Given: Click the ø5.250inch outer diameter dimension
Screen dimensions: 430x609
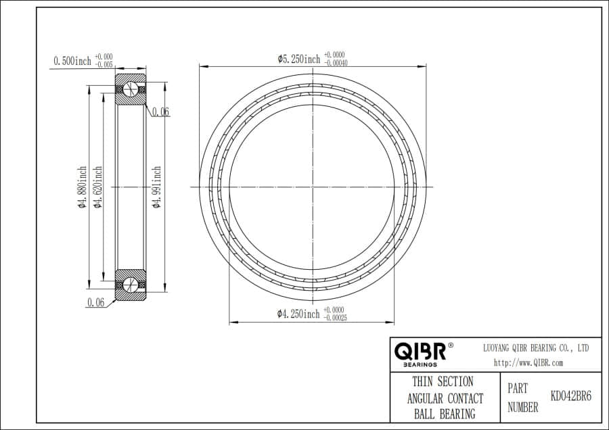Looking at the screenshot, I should pos(298,59).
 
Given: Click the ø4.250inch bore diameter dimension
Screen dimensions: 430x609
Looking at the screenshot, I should pos(298,314).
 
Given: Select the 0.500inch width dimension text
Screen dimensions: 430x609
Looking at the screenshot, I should pos(72,61).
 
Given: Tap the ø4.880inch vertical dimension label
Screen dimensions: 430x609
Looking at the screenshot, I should pos(82,187).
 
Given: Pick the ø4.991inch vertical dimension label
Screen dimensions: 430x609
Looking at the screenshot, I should pos(156,187).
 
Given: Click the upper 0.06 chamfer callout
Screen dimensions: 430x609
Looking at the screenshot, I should pos(160,112).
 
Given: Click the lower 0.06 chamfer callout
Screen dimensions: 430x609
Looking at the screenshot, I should pos(95,303).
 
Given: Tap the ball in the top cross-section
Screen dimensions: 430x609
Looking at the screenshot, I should pos(131,91).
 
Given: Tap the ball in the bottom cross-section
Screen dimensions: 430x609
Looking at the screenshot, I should pos(131,284).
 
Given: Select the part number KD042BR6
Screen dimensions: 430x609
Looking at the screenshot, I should pos(570,396).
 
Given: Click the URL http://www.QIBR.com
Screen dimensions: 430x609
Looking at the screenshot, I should pos(528,362).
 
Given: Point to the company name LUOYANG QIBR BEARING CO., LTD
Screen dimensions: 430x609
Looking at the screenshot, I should pos(535,348).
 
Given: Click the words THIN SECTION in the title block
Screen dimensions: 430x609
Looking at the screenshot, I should pos(443,382).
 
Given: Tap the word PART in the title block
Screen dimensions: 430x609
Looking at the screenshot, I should pos(518,390).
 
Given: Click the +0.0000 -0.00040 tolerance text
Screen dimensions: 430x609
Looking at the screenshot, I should pos(336,59).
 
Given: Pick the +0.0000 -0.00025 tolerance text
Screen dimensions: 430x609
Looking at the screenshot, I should pos(335,313).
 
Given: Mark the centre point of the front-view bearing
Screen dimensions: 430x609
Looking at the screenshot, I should pos(313,187).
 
